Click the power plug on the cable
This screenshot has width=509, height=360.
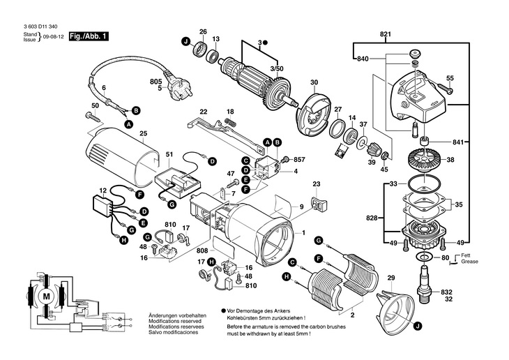click(x=177, y=76)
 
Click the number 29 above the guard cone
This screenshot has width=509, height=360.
click(x=391, y=278)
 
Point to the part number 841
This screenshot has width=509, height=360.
click(x=457, y=142)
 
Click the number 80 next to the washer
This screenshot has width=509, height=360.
click(x=446, y=257)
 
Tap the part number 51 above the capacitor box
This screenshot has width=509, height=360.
click(x=169, y=154)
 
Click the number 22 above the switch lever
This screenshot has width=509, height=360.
click(x=204, y=112)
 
